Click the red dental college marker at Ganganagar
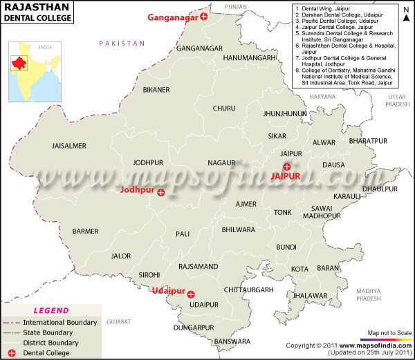tap(203, 17)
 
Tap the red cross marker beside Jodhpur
tap(161, 193)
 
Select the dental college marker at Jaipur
tap(287, 165)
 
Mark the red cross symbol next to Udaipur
tap(191, 294)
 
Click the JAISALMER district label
tap(68, 146)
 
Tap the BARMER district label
tap(85, 231)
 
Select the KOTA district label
tap(299, 268)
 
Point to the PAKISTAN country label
tap(122, 44)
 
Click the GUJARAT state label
tap(118, 322)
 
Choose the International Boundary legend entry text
tap(59, 322)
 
